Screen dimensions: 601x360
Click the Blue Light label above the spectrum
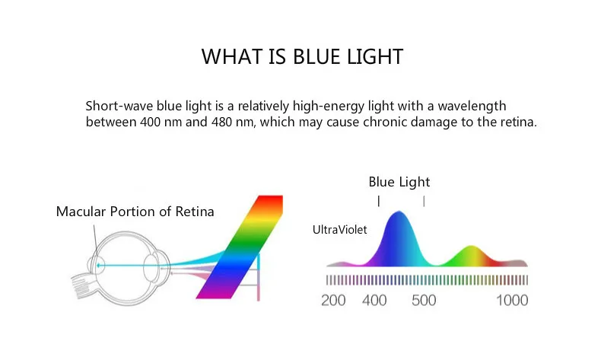point(399,182)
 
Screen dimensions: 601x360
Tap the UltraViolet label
point(339,230)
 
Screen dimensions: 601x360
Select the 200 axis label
point(333,300)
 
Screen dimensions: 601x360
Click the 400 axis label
point(374,300)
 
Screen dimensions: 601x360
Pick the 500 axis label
point(424,300)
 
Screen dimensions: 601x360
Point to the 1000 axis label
point(512,300)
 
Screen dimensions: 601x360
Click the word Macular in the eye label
point(81,212)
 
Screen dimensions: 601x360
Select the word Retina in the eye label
point(195,212)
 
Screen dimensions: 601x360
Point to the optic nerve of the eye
point(83,285)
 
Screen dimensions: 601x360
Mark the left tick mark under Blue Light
point(379,201)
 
